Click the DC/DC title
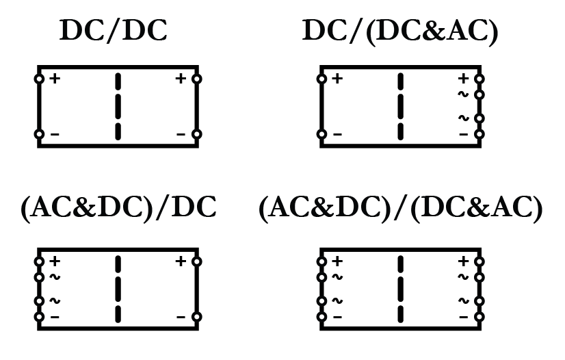[113, 31]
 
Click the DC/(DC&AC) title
[400, 31]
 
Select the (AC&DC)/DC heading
[118, 207]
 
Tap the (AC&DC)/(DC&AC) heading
[401, 208]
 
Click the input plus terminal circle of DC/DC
[39, 79]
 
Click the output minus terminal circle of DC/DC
[197, 134]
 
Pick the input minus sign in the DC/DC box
[55, 134]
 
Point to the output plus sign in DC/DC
[181, 79]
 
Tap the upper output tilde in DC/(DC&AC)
[463, 94]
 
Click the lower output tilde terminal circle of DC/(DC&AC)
[479, 118]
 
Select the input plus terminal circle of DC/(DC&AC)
[321, 79]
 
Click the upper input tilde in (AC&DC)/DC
[55, 277]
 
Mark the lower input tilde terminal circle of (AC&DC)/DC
[39, 301]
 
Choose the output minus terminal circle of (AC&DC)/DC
[197, 317]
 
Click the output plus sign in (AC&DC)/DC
[181, 261]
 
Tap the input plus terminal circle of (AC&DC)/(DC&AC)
[321, 261]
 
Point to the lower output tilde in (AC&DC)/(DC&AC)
[463, 301]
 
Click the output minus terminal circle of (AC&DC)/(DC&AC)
[479, 317]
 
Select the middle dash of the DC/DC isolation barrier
[118, 106]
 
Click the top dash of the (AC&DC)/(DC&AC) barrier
[400, 265]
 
